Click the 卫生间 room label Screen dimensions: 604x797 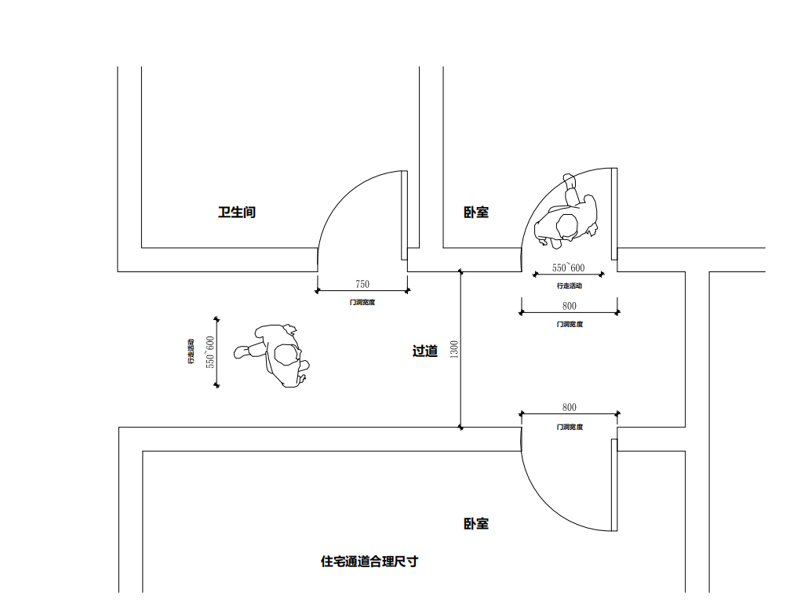pos(237,212)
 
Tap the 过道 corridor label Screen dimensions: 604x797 pos(425,351)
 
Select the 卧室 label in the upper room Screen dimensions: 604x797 pos(476,212)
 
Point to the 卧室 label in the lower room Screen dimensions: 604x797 pos(476,523)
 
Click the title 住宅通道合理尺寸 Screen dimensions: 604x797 pos(369,562)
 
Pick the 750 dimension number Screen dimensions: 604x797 pos(362,284)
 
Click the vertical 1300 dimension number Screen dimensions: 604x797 pos(454,350)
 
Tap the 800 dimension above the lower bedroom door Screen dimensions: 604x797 pos(570,407)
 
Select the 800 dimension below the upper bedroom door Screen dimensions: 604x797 pos(570,307)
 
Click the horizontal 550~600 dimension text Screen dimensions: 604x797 pos(569,268)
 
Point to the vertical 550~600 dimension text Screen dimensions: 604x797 pos(209,352)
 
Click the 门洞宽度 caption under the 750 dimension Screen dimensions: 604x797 pos(362,302)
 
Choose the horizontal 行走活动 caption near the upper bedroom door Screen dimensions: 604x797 pos(570,286)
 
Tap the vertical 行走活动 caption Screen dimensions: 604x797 pos(191,352)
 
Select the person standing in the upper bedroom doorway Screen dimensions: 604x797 pos(567,216)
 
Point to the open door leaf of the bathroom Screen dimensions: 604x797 pos(405,215)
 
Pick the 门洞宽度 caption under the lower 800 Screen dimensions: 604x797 pos(570,427)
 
